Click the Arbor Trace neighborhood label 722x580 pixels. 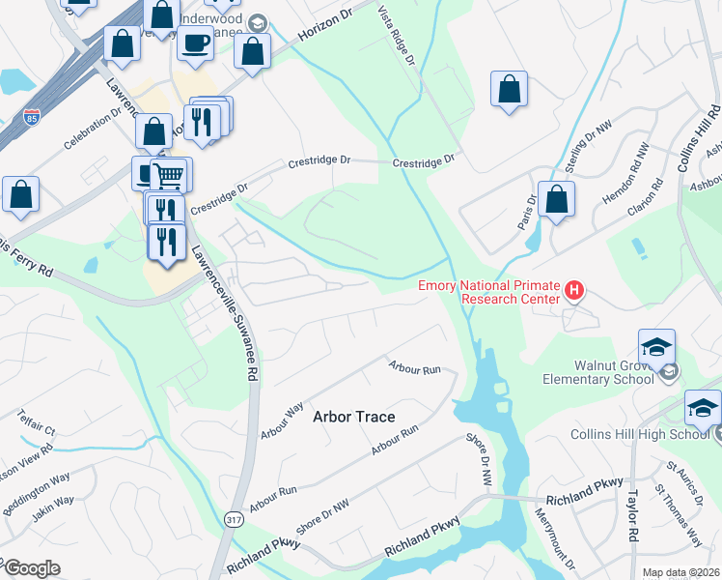354,417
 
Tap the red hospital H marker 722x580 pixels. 574,289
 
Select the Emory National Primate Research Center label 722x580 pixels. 488,291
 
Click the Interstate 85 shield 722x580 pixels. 32,117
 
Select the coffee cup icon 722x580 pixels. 196,43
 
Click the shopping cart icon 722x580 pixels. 169,175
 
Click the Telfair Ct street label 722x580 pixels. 38,420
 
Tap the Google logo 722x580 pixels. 31,568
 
